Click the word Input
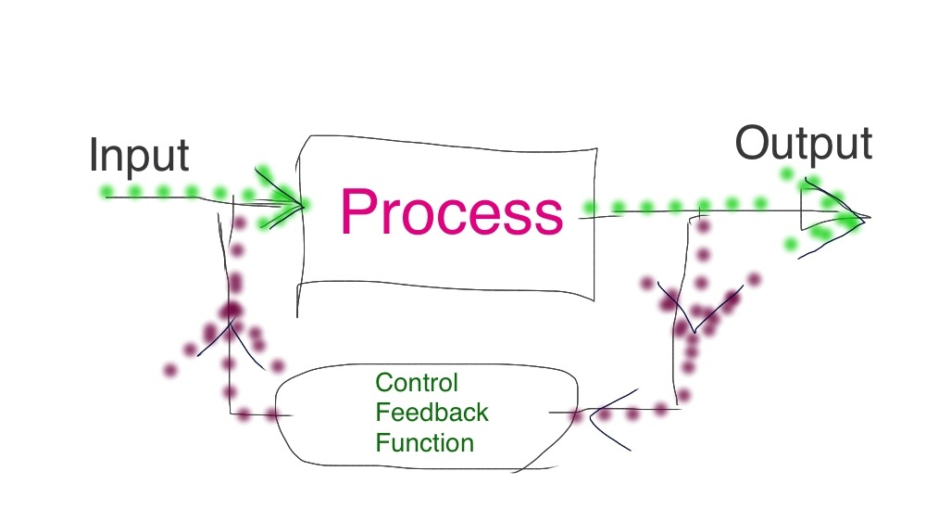point(139,155)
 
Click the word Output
point(803,144)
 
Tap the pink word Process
point(451,210)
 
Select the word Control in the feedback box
point(417,382)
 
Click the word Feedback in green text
point(432,412)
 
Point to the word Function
point(424,442)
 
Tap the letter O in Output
point(754,144)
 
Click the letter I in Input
point(94,155)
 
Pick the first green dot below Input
point(106,193)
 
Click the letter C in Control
point(382,382)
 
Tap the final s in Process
point(549,216)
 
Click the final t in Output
point(865,145)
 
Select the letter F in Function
point(381,442)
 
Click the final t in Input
point(182,157)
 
